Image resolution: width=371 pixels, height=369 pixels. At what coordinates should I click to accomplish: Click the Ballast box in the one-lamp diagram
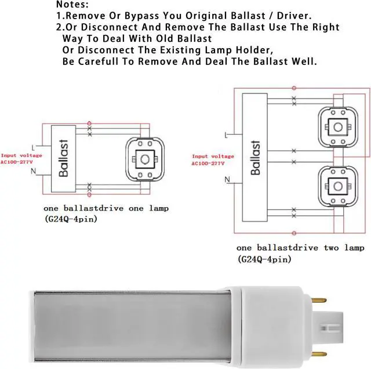(64, 158)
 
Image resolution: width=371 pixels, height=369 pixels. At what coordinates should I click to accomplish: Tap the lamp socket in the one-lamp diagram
(142, 158)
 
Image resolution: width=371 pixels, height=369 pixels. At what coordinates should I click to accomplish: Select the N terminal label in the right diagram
(225, 180)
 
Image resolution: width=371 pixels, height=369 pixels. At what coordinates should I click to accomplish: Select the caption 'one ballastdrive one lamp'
(106, 208)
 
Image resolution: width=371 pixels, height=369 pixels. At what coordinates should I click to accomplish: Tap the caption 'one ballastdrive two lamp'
(300, 248)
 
